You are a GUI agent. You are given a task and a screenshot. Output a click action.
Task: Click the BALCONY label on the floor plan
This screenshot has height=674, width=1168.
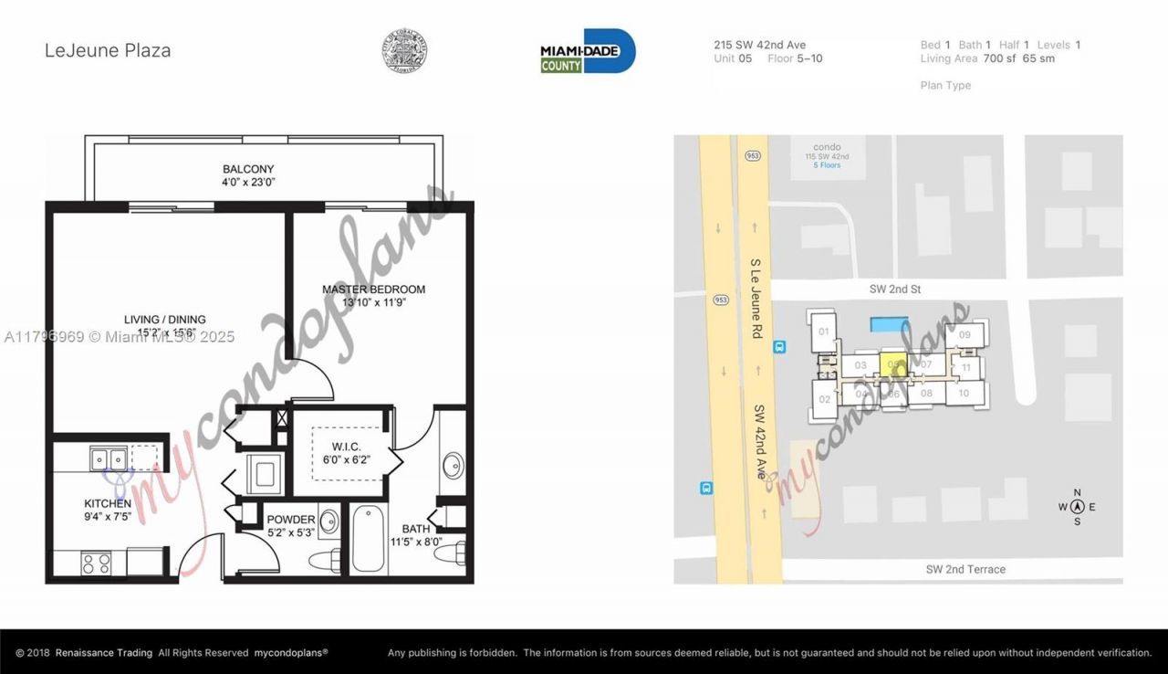pos(248,175)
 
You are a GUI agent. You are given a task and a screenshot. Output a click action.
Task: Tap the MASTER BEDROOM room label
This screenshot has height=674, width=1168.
pos(373,296)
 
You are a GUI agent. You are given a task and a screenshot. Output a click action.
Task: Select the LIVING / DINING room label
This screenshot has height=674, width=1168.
pos(165,325)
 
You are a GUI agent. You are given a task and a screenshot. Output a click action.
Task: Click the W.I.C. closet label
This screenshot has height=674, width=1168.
pos(347,452)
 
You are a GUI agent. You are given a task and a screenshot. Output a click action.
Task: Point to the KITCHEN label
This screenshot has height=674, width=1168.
pos(108,510)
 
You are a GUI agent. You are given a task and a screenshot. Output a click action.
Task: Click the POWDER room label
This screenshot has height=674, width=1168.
pos(291,526)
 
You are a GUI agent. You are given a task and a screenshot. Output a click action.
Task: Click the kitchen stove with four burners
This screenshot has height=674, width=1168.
pos(97,563)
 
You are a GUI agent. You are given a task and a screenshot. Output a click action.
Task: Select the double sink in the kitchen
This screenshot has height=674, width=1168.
pos(108,458)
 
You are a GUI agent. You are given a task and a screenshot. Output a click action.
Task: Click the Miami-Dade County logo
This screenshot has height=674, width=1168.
pos(588,51)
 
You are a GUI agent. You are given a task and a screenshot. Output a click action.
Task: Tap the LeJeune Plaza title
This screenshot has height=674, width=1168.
pos(108,50)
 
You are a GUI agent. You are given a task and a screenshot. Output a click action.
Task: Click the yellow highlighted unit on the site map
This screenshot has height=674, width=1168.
pos(892,363)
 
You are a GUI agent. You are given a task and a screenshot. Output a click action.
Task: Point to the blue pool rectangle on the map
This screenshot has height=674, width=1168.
pos(889,323)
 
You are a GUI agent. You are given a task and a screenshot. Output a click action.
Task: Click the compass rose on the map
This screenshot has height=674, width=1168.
pos(1077,507)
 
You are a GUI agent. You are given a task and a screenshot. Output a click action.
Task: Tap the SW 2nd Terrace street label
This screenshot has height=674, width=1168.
pos(965,569)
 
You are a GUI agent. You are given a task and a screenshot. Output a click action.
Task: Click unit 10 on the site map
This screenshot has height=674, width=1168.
pos(964,394)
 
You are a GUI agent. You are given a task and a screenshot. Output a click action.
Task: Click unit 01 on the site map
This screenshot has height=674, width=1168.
pos(824,332)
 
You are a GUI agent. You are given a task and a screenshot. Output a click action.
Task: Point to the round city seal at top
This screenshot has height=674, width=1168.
pos(404,50)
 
